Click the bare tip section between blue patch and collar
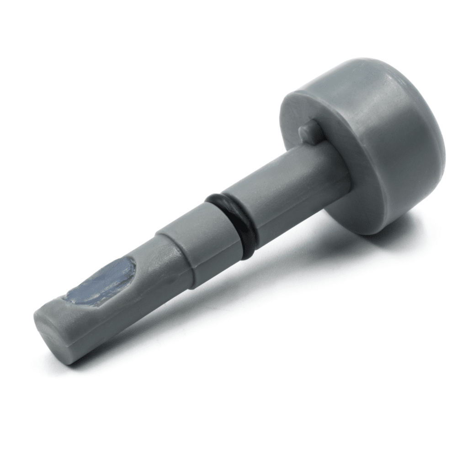pos(151,265)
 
